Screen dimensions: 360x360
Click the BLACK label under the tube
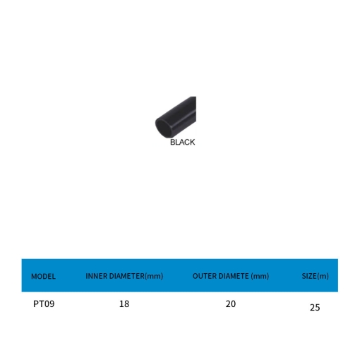182,142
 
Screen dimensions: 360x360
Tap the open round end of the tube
164,128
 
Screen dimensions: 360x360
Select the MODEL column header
43,276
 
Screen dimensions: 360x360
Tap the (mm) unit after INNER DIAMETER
154,276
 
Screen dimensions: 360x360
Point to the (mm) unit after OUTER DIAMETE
260,276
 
